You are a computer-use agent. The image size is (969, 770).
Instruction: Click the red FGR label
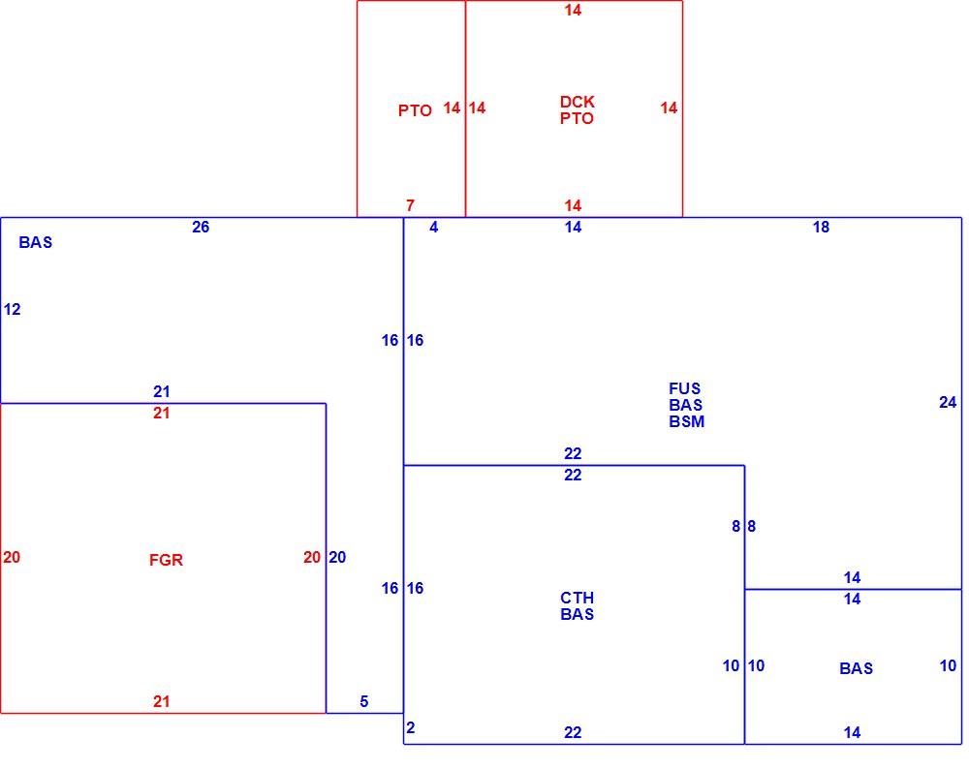167,560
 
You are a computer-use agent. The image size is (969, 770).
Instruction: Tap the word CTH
578,598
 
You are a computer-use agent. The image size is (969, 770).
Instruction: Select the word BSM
687,421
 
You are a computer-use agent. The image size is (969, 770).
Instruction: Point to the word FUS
685,388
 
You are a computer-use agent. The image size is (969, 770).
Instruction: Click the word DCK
578,102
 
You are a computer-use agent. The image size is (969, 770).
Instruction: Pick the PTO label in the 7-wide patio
415,110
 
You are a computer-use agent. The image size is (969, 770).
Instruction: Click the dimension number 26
201,227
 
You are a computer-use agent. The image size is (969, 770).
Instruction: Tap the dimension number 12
13,309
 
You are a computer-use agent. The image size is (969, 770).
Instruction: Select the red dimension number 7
410,205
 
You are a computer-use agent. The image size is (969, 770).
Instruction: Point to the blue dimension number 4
434,228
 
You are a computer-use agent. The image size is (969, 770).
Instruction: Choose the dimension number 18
821,228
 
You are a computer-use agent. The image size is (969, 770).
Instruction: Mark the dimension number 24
948,403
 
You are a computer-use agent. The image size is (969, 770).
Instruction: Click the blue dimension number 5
364,701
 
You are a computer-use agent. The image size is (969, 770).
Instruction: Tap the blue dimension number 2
410,728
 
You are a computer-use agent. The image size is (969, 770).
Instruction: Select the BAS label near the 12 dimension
36,242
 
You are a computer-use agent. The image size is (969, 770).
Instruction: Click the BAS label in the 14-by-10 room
856,668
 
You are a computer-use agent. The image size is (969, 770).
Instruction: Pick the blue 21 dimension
161,391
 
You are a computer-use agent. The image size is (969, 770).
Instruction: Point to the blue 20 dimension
337,558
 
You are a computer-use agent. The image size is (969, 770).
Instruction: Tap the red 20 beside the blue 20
311,558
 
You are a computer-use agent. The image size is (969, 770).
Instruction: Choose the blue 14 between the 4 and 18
573,228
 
